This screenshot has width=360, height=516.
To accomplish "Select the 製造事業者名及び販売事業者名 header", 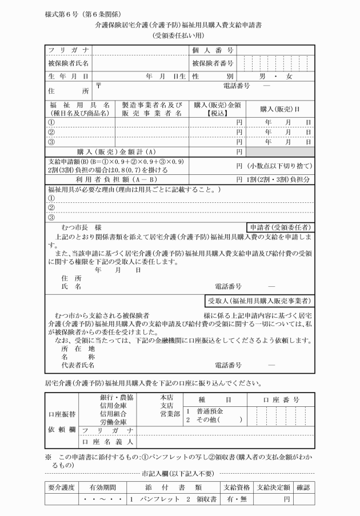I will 151,109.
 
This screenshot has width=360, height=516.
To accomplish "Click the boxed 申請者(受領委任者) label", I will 280,226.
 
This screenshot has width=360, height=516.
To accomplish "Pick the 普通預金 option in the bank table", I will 210,411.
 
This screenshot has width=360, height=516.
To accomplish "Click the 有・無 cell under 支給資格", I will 237,499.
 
